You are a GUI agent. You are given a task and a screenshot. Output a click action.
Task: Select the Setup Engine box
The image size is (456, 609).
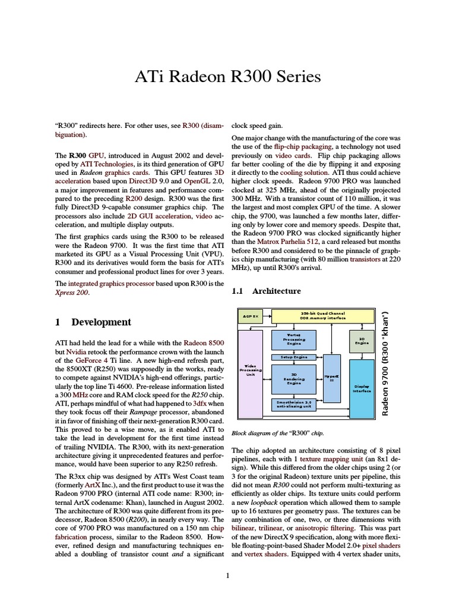(293, 357)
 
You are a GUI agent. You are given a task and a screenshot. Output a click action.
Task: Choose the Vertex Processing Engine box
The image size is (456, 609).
(293, 340)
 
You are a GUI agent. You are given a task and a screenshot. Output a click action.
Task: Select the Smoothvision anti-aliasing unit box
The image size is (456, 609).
(293, 404)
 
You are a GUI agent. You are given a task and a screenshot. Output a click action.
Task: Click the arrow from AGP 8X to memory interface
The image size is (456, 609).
(267, 316)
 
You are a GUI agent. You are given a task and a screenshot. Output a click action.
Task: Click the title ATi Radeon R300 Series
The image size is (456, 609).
(228, 77)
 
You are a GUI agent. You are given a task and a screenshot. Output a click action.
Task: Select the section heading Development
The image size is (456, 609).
(101, 322)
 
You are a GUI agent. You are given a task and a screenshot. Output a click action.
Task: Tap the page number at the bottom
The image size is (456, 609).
(228, 575)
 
